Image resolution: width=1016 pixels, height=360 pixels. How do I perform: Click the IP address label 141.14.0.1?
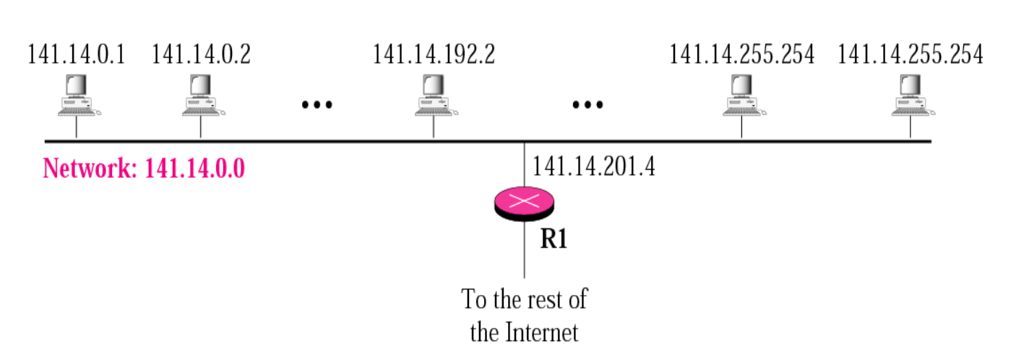[76, 55]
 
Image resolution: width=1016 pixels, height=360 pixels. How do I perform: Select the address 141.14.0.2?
[201, 55]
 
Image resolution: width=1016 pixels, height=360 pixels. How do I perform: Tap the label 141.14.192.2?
[434, 55]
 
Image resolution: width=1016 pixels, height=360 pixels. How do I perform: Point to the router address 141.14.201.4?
[595, 166]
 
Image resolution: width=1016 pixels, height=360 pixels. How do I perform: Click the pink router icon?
[525, 202]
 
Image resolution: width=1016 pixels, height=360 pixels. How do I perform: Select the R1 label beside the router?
[554, 240]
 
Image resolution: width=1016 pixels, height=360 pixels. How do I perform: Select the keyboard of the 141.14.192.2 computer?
[432, 111]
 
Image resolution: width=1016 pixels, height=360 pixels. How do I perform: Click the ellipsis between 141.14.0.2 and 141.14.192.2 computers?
[317, 104]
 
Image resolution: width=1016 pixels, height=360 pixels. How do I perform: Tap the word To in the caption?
[475, 299]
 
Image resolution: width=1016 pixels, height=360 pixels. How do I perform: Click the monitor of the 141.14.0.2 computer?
[200, 86]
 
